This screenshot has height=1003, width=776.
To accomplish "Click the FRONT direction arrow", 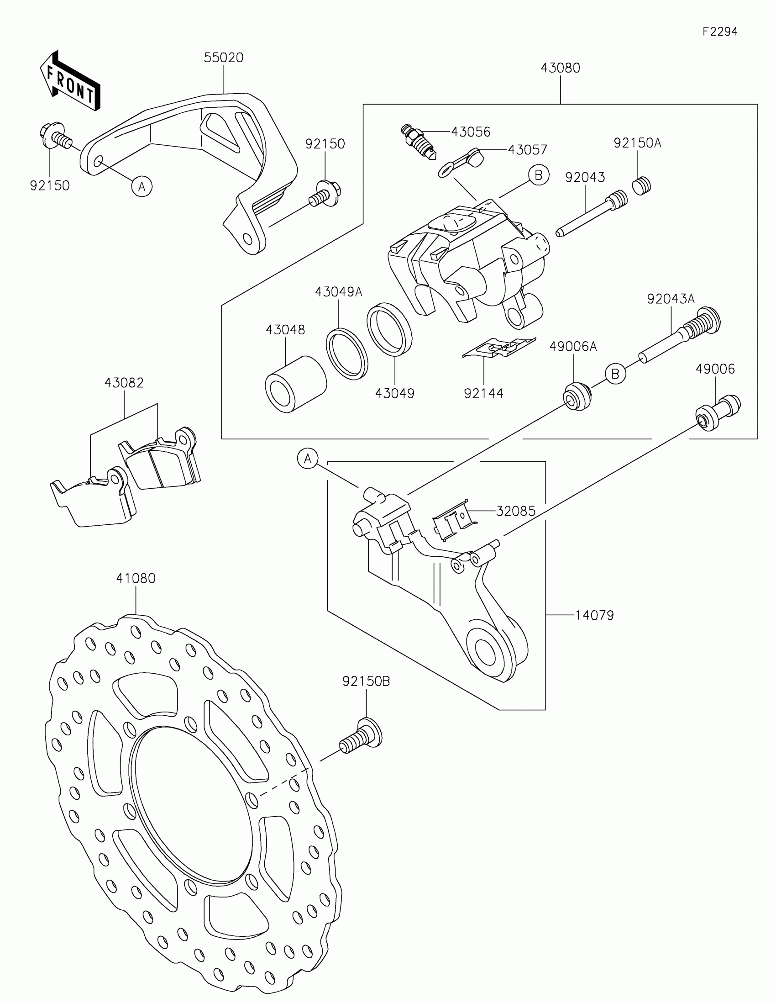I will point(70,82).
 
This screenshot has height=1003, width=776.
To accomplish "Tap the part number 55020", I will point(224,58).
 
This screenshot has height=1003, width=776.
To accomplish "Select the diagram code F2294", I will point(719,32).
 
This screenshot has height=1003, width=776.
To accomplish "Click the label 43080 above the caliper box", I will point(560,68).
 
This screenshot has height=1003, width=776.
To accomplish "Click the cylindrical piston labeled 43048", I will point(295,384).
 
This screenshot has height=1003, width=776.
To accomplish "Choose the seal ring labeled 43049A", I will point(347,353).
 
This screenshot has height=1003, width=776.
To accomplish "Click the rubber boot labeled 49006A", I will point(577,396).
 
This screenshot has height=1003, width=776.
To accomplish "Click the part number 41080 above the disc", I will point(136,579).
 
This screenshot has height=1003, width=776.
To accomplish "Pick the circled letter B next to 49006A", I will point(615,373).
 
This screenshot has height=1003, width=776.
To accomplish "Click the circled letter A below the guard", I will point(142,186).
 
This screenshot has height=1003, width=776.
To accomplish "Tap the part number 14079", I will point(594,615).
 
